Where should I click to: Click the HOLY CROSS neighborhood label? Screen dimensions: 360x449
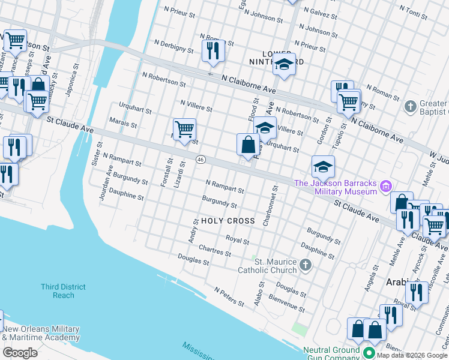228,221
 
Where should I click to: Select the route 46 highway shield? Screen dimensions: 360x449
200,160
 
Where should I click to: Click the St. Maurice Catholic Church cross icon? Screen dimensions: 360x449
306,265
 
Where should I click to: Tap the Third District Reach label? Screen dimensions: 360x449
63,291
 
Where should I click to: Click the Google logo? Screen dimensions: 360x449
20,352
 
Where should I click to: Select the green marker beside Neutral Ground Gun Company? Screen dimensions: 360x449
369,354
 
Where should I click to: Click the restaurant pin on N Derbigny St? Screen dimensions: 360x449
213,52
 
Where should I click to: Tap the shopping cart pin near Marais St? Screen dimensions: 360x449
184,129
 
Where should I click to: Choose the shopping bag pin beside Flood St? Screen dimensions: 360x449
248,145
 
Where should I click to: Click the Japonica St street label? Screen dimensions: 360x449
71,80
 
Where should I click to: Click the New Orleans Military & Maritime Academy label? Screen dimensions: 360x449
41,334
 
